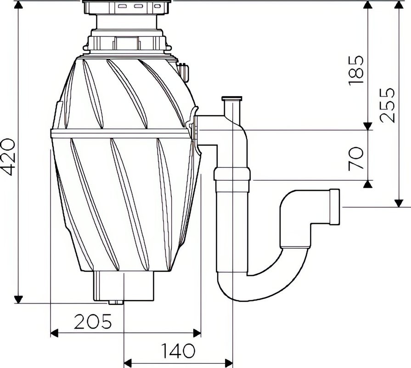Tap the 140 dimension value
(x=177, y=351)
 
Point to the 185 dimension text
(x=356, y=69)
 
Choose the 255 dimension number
(x=388, y=104)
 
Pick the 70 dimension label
(x=356, y=158)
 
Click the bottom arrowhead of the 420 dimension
(x=18, y=299)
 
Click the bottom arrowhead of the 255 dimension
(x=399, y=203)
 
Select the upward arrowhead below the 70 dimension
(x=367, y=184)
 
